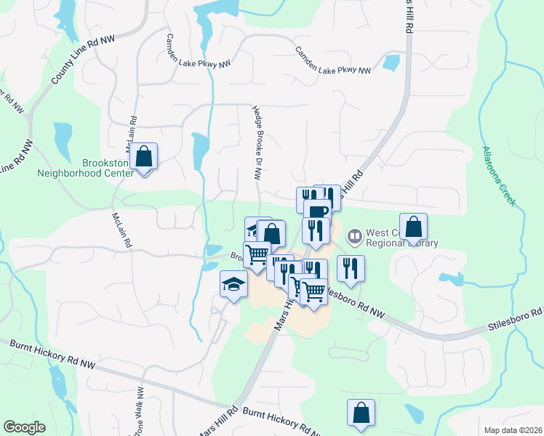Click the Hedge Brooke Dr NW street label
click(x=257, y=142)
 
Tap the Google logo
click(x=24, y=427)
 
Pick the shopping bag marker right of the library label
click(x=413, y=227)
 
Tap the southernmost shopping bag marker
click(x=361, y=413)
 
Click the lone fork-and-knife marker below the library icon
click(x=351, y=269)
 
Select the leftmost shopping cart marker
click(x=257, y=255)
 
